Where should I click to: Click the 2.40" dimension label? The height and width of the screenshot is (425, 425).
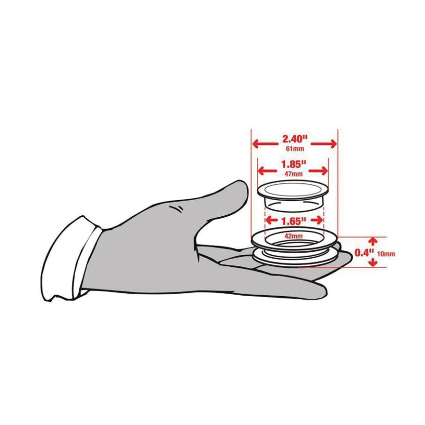[x=295, y=139]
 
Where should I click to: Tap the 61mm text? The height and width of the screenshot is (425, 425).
[x=295, y=149]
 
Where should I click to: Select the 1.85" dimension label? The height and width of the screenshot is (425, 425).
[x=294, y=164]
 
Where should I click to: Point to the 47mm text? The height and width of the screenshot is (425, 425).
[x=294, y=174]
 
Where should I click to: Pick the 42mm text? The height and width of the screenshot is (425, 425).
[x=294, y=236]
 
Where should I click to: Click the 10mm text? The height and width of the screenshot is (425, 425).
[x=386, y=254]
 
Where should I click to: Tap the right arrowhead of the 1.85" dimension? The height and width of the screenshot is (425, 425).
[x=323, y=171]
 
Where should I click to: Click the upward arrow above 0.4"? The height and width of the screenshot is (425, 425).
[x=374, y=241]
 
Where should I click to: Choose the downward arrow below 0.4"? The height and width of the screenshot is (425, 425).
[x=374, y=262]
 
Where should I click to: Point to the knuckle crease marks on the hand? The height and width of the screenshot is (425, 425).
[x=177, y=208]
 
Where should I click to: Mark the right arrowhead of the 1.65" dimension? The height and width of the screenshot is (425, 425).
[x=317, y=221]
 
